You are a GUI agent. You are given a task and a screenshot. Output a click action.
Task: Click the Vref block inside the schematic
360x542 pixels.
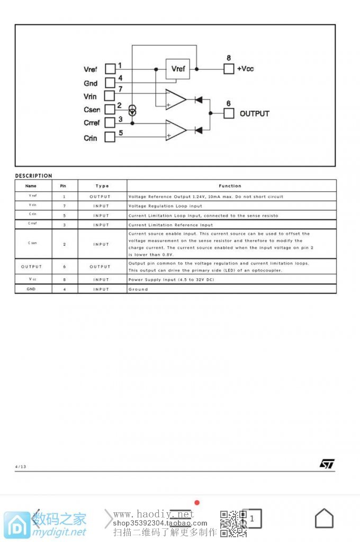[178, 69]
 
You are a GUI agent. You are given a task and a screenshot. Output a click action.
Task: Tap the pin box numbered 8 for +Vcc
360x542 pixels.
[229, 69]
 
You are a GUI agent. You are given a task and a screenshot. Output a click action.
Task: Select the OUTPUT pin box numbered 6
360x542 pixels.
[229, 113]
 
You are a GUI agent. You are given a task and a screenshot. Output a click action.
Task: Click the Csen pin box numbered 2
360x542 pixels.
[110, 110]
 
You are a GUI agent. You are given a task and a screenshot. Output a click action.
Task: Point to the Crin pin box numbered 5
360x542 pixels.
[110, 137]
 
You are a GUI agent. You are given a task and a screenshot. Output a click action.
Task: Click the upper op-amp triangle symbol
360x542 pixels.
[175, 99]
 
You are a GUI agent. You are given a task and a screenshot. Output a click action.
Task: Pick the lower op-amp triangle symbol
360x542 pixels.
[175, 130]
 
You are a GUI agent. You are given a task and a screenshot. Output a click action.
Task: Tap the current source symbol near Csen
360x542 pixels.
[132, 111]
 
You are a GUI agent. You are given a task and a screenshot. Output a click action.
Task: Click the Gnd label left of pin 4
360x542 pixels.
[91, 83]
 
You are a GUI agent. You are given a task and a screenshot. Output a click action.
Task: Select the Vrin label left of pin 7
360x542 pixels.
[91, 96]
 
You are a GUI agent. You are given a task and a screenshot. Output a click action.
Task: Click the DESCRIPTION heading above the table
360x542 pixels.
[33, 176]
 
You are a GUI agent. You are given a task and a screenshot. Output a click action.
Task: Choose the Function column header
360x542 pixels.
[230, 186]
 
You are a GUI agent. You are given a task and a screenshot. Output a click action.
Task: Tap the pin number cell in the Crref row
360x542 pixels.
[64, 225]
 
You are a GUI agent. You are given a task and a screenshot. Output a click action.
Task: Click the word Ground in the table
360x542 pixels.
[138, 289]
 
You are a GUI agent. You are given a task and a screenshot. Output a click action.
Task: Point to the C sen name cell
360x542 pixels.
[32, 243]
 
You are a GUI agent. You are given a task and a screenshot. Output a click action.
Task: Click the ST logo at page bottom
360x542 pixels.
[327, 464]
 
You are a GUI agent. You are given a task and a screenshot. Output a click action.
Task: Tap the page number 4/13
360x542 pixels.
[20, 467]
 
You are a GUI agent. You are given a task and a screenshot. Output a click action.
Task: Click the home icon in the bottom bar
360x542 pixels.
[324, 518]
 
